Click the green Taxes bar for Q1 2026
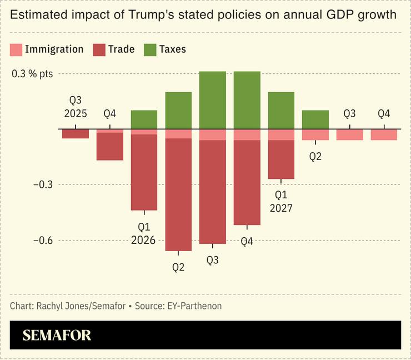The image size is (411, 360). click(144, 119)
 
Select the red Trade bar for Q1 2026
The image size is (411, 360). click(144, 172)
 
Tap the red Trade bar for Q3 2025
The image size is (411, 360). click(76, 134)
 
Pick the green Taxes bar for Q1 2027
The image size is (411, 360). click(281, 110)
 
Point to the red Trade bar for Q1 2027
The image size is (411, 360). click(281, 159)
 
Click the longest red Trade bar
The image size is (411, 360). click(178, 194)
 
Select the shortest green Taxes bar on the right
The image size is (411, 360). click(315, 119)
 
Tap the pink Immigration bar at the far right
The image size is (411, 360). click(384, 134)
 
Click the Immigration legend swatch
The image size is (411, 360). click(16, 49)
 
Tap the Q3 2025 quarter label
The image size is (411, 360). click(75, 107)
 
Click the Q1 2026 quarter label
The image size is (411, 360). click(144, 234)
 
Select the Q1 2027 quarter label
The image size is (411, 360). click(281, 202)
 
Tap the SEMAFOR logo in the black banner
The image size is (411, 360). click(57, 335)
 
